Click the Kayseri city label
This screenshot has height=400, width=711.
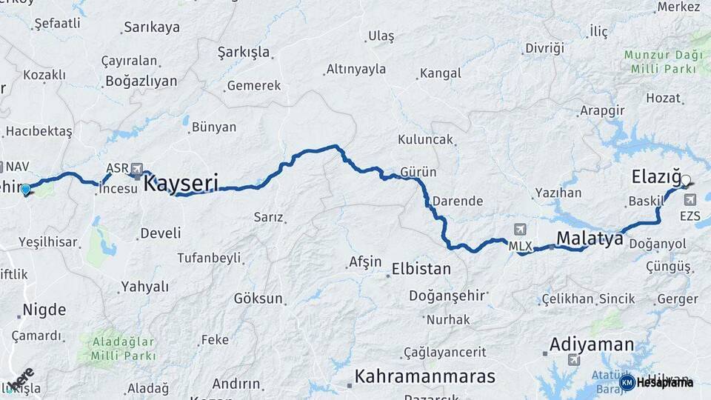[181, 182]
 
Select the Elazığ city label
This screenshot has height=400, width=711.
[656, 177]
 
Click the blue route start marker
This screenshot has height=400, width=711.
[26, 190]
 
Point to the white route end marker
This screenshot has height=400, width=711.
[686, 180]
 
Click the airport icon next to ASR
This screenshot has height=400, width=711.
[137, 168]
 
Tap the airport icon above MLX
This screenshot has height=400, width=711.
[520, 230]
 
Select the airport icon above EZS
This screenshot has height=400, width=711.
[691, 199]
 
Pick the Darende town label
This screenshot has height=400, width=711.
[457, 201]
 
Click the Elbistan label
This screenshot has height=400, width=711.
[421, 268]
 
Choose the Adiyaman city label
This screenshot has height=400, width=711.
[591, 344]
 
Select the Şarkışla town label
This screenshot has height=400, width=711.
[244, 53]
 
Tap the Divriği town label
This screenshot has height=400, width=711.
[544, 48]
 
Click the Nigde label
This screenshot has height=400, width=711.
[44, 310]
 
